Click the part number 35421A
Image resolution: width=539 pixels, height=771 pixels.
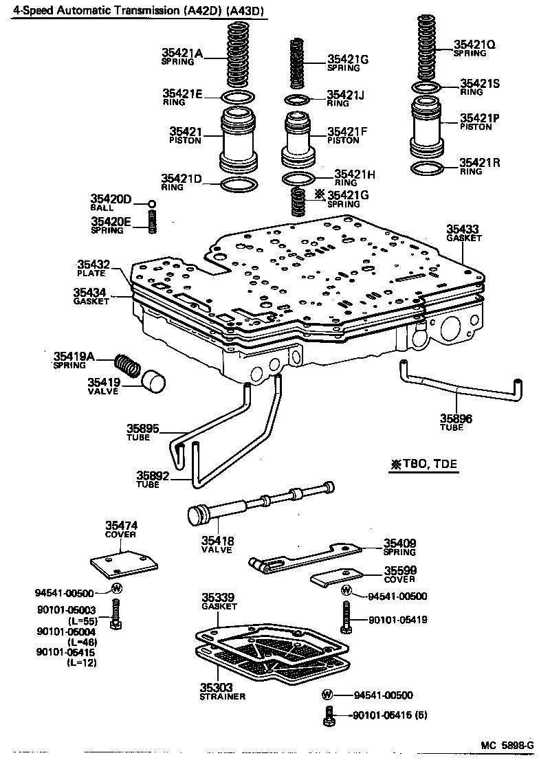[x=182, y=52]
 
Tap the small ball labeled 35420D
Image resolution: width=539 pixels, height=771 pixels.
[x=152, y=204]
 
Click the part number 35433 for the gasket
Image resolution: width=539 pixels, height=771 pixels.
[x=463, y=229]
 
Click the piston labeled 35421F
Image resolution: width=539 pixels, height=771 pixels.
[x=297, y=139]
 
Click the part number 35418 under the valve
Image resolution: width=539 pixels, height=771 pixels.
[x=217, y=541]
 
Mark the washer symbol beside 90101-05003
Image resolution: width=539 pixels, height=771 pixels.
[x=116, y=588]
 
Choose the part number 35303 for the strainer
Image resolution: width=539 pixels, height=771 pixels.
[x=217, y=686]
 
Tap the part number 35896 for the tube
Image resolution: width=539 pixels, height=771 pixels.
[x=456, y=418]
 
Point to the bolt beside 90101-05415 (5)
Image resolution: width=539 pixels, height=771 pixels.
[x=329, y=716]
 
